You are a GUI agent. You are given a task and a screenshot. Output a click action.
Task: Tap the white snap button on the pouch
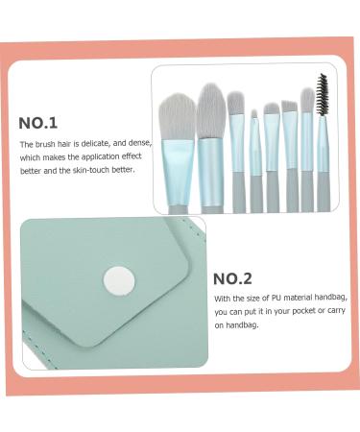(x=121, y=281)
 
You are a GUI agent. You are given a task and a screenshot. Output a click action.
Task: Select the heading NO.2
(x=232, y=278)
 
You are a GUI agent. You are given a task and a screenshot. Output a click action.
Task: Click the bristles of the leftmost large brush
(x=177, y=113)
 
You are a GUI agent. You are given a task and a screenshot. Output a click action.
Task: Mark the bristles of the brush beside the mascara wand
(x=307, y=100)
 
